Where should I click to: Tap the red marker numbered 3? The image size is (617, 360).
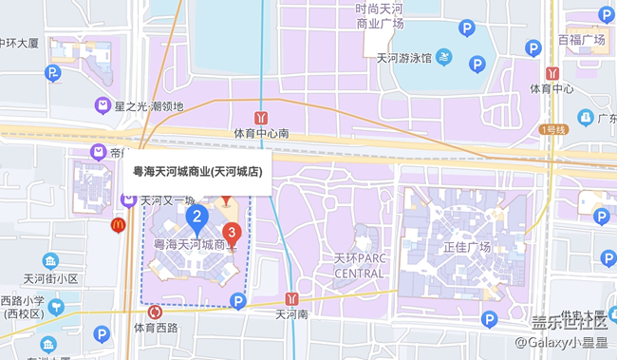pos(231,232)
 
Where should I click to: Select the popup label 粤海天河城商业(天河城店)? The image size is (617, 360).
pos(197,171)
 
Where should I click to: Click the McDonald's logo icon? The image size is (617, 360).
pos(119,225)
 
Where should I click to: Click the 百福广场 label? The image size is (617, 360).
pos(581,40)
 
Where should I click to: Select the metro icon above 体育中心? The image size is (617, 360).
pos(552,72)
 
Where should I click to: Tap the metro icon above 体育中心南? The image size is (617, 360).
pos(261,117)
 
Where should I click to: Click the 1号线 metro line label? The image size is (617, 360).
pos(552,129)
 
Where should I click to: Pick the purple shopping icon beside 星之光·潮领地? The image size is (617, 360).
pos(101,105)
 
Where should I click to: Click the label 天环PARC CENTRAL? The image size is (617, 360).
pos(359,266)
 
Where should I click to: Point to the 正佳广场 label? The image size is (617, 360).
pos(466,247)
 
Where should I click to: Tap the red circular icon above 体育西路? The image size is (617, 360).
pos(154,312)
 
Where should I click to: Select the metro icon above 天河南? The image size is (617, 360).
pos(293,297)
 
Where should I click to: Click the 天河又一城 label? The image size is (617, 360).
pos(167,200)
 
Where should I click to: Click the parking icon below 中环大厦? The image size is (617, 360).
pos(54,72)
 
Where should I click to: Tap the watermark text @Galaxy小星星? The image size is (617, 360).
pos(560,342)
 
